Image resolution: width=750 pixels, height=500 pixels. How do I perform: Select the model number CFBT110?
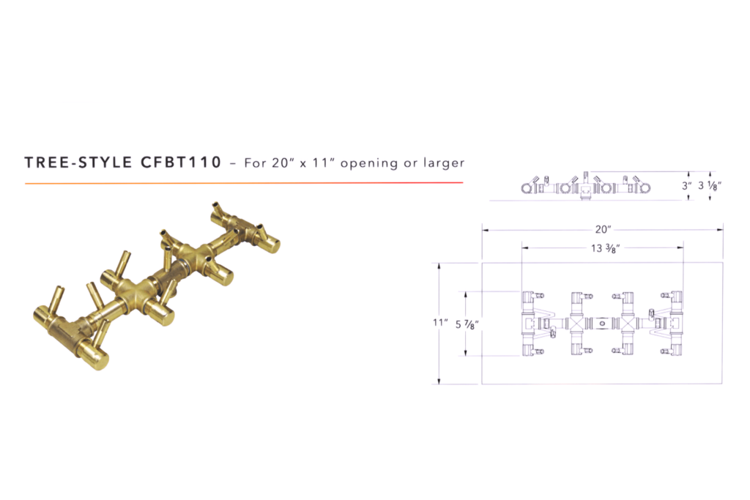[x=179, y=162]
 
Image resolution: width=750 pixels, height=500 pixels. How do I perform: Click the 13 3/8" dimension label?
[x=602, y=247]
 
